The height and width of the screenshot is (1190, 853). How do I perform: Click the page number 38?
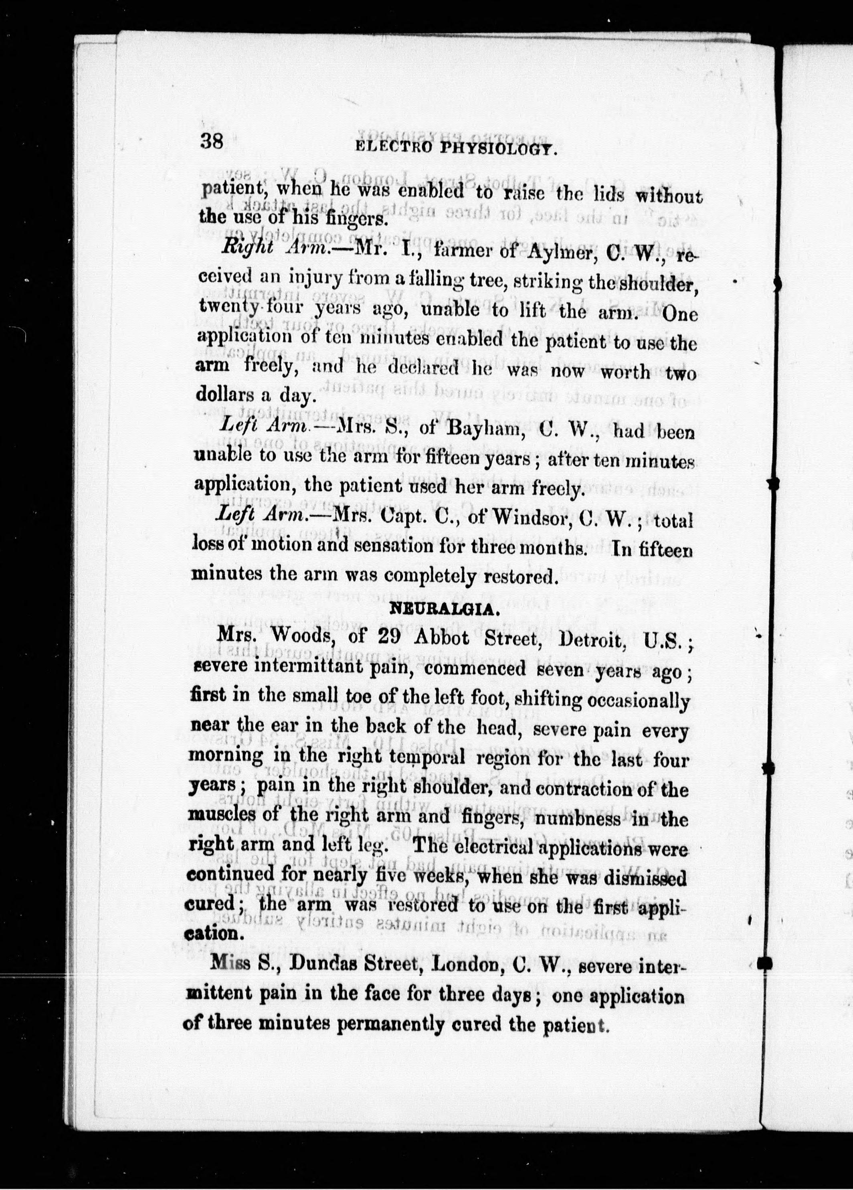point(212,142)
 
